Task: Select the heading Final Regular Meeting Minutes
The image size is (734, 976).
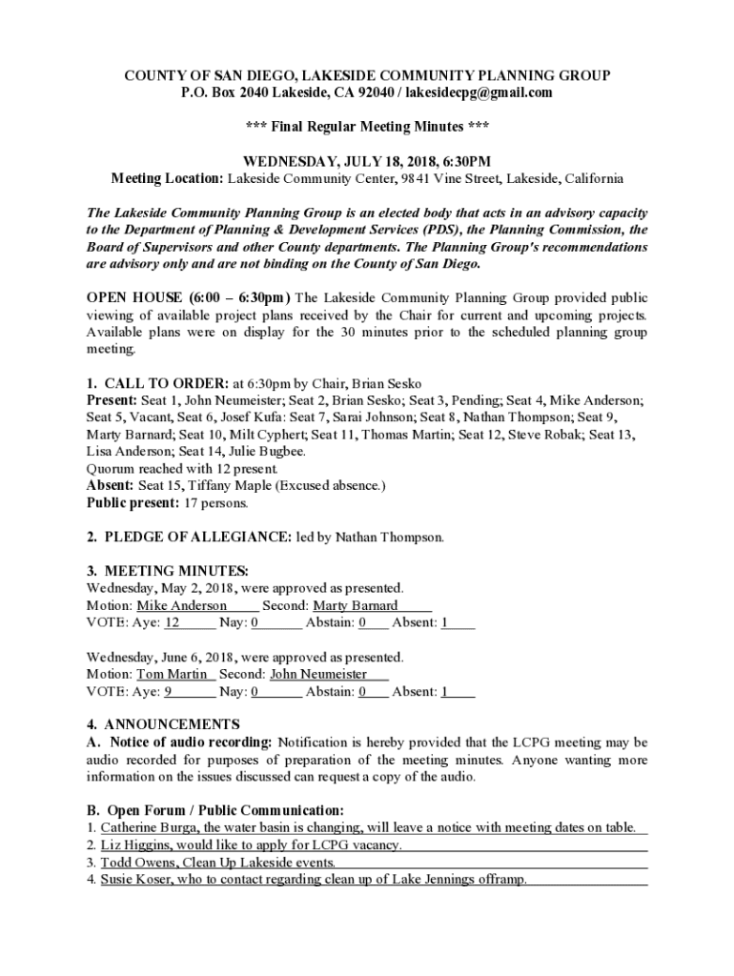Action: pyautogui.click(x=366, y=127)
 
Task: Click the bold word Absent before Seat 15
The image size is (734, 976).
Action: pyautogui.click(x=109, y=486)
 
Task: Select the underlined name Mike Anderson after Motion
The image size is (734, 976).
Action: pyautogui.click(x=182, y=606)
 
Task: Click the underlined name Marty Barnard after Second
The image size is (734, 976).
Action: pyautogui.click(x=356, y=606)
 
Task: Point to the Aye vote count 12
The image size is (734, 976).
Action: pyautogui.click(x=173, y=623)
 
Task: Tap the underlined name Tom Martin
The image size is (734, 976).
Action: pyautogui.click(x=173, y=675)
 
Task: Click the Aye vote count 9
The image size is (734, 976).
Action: pyautogui.click(x=169, y=692)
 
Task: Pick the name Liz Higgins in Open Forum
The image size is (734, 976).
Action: pyautogui.click(x=133, y=845)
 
